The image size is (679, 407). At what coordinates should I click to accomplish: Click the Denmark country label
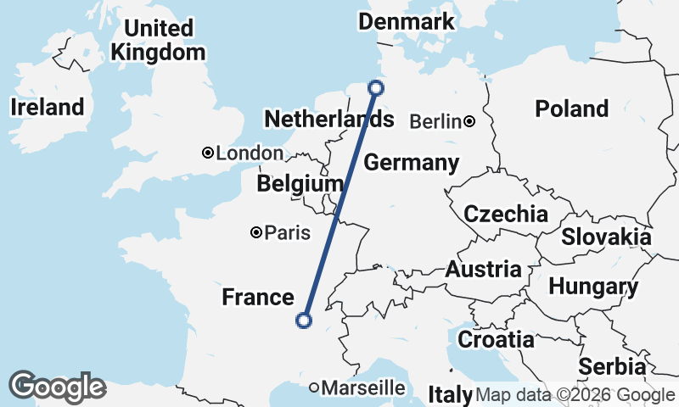407,22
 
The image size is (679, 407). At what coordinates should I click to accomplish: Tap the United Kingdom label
158,40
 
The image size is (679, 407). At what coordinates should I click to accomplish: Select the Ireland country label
48,107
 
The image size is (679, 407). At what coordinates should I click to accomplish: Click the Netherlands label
319,120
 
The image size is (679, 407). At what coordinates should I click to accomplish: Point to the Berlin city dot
469,122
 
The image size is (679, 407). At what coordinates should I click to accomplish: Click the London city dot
207,153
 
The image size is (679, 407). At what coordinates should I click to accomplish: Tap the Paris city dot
255,232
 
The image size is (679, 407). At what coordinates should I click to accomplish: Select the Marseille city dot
314,387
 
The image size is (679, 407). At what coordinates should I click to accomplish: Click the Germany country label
411,163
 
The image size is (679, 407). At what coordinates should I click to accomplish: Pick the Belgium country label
300,184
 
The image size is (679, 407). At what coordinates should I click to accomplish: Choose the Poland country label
571,109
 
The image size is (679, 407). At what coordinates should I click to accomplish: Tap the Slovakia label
606,237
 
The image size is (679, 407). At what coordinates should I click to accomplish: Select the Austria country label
484,270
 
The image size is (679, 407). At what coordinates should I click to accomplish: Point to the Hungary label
592,287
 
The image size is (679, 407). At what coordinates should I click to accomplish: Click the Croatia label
496,340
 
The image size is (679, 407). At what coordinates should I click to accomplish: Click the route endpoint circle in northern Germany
376,86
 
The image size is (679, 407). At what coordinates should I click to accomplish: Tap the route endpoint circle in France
303,320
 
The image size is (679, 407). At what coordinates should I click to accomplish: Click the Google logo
57,387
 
